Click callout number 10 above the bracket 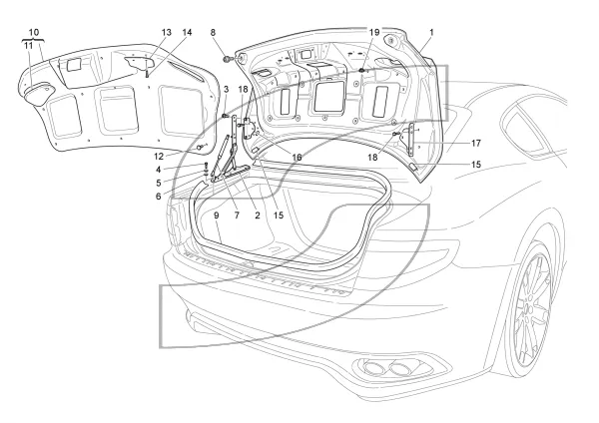coord(34,32)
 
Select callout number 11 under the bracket coord(29,46)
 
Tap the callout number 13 coord(167,32)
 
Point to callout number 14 coord(187,32)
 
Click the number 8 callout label coord(214,32)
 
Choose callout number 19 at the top coord(374,32)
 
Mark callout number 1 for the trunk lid coord(431,32)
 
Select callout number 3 coord(227,90)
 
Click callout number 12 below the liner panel coord(159,157)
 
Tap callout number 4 coord(159,170)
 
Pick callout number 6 coord(158,197)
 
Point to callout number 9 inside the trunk coord(217,215)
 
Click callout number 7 coord(237,215)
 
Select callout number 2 coord(258,215)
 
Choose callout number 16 coord(297,157)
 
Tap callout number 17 coord(475,144)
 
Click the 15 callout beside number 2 coord(279,215)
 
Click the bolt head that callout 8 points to coord(229,59)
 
